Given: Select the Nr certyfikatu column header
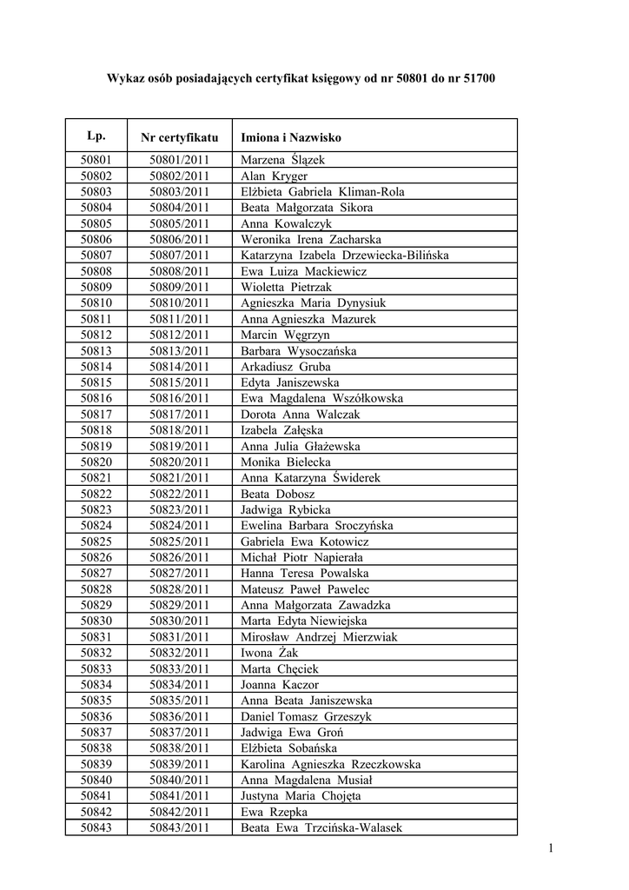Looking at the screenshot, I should [x=180, y=137].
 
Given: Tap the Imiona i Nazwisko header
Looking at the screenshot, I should [x=291, y=137].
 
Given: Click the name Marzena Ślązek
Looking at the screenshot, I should [x=281, y=160].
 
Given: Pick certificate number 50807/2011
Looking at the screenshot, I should [x=180, y=256].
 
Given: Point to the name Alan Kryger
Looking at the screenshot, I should [x=274, y=176].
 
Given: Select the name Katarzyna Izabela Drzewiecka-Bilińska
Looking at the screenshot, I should [x=345, y=256].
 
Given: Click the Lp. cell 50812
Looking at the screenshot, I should [x=96, y=335].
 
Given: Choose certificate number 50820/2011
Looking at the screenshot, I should [x=180, y=462].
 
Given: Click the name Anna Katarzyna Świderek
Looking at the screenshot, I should [x=310, y=478].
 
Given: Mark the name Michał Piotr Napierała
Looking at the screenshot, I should [x=302, y=557].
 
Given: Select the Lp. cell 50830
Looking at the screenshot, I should [x=96, y=621].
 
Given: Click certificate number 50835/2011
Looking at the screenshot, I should [x=180, y=701].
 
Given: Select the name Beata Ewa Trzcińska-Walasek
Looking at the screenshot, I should [x=321, y=828].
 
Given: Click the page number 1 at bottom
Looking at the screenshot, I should [x=551, y=848].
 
